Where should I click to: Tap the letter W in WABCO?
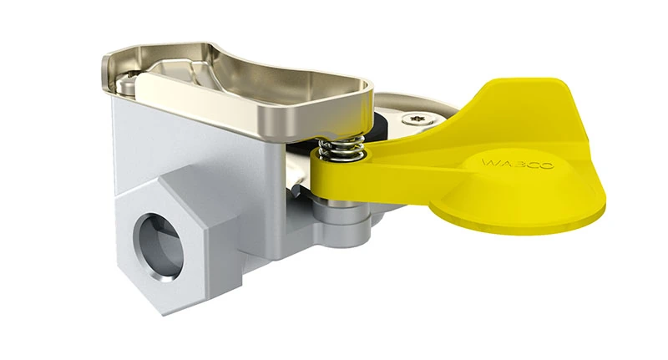(490, 159)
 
